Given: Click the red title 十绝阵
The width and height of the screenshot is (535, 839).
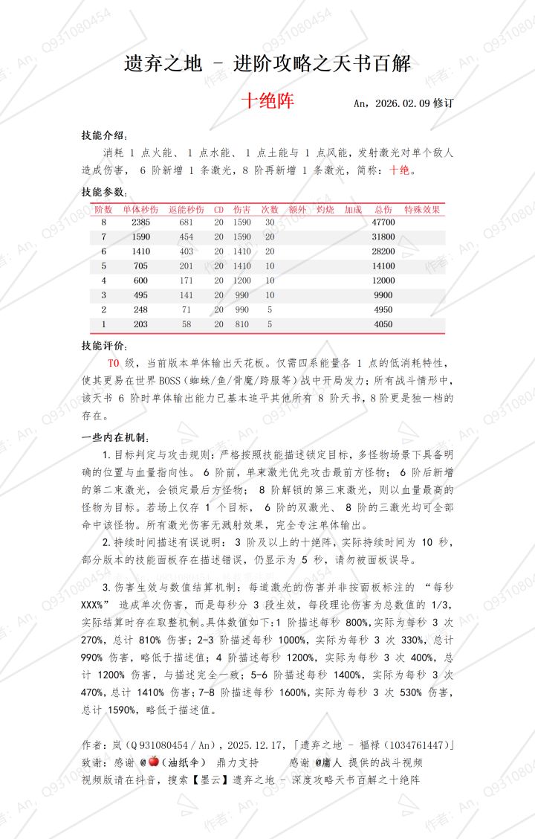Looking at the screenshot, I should click(267, 101).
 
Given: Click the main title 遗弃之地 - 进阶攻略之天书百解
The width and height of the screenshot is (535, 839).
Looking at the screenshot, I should click(267, 65).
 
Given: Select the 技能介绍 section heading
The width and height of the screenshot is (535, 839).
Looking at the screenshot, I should click(104, 135).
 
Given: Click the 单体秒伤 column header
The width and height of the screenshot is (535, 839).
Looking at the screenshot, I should click(140, 210).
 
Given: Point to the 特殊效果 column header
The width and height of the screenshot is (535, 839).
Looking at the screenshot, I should click(423, 210).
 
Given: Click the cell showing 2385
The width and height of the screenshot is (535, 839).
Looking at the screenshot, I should click(140, 222).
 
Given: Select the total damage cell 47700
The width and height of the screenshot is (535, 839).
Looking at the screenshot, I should click(383, 222).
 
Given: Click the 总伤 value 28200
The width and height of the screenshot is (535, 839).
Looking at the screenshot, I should click(383, 251).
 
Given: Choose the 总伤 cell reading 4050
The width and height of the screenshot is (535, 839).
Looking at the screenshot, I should click(383, 324).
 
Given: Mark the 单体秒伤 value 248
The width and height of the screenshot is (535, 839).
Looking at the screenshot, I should click(140, 309).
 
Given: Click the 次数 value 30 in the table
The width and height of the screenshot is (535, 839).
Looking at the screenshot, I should click(270, 222).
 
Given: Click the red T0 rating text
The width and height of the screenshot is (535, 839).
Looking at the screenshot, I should click(114, 363).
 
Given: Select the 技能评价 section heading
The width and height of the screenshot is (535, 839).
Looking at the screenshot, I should click(104, 346).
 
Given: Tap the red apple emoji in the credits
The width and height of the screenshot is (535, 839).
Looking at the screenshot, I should click(154, 762).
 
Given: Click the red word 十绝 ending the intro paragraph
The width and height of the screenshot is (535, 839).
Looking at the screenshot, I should click(399, 170).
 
